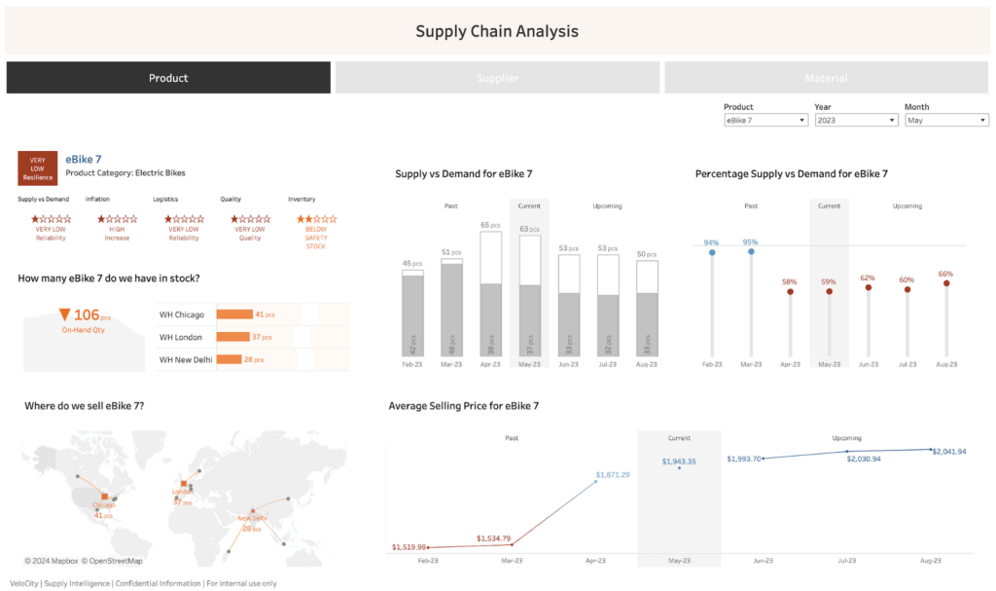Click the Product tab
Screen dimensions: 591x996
168,78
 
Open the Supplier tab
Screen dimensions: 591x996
497,78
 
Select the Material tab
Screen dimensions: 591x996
826,78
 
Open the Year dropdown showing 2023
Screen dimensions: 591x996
856,120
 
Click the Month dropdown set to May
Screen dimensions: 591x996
946,120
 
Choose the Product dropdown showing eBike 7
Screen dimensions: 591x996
765,120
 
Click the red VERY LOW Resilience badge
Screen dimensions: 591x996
37,167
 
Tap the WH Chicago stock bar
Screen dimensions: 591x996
234,314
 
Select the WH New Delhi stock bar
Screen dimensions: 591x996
229,359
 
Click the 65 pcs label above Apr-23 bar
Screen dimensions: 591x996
491,225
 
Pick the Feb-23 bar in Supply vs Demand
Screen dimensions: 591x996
412,314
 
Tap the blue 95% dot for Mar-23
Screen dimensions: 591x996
751,251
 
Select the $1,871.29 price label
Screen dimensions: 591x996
611,474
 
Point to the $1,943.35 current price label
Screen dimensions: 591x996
679,462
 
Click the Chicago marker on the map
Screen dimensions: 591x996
104,497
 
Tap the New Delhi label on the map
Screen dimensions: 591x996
252,518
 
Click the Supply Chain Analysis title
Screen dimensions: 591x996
497,31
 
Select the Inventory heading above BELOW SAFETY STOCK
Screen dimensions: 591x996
302,199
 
